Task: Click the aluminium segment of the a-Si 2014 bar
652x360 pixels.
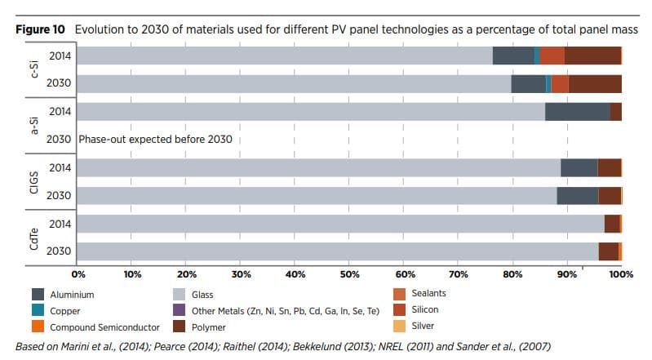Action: pyautogui.click(x=577, y=112)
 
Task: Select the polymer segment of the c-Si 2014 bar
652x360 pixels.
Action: pyautogui.click(x=592, y=56)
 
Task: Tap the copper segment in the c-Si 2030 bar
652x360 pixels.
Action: pyautogui.click(x=548, y=83)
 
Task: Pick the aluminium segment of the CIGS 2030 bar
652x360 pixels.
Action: pyautogui.click(x=578, y=196)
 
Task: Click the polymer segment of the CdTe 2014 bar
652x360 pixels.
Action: pyautogui.click(x=611, y=224)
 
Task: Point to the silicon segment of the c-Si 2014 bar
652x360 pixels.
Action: pyautogui.click(x=552, y=56)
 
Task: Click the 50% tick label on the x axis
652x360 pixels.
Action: pyautogui.click(x=349, y=274)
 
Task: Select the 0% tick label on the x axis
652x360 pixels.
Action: pyautogui.click(x=79, y=274)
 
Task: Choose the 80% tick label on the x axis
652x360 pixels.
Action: pyautogui.click(x=512, y=274)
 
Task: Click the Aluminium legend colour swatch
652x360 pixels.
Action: pyautogui.click(x=38, y=294)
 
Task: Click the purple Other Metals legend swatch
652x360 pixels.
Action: pyautogui.click(x=179, y=311)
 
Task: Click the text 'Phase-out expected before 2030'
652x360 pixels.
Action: pyautogui.click(x=155, y=140)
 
